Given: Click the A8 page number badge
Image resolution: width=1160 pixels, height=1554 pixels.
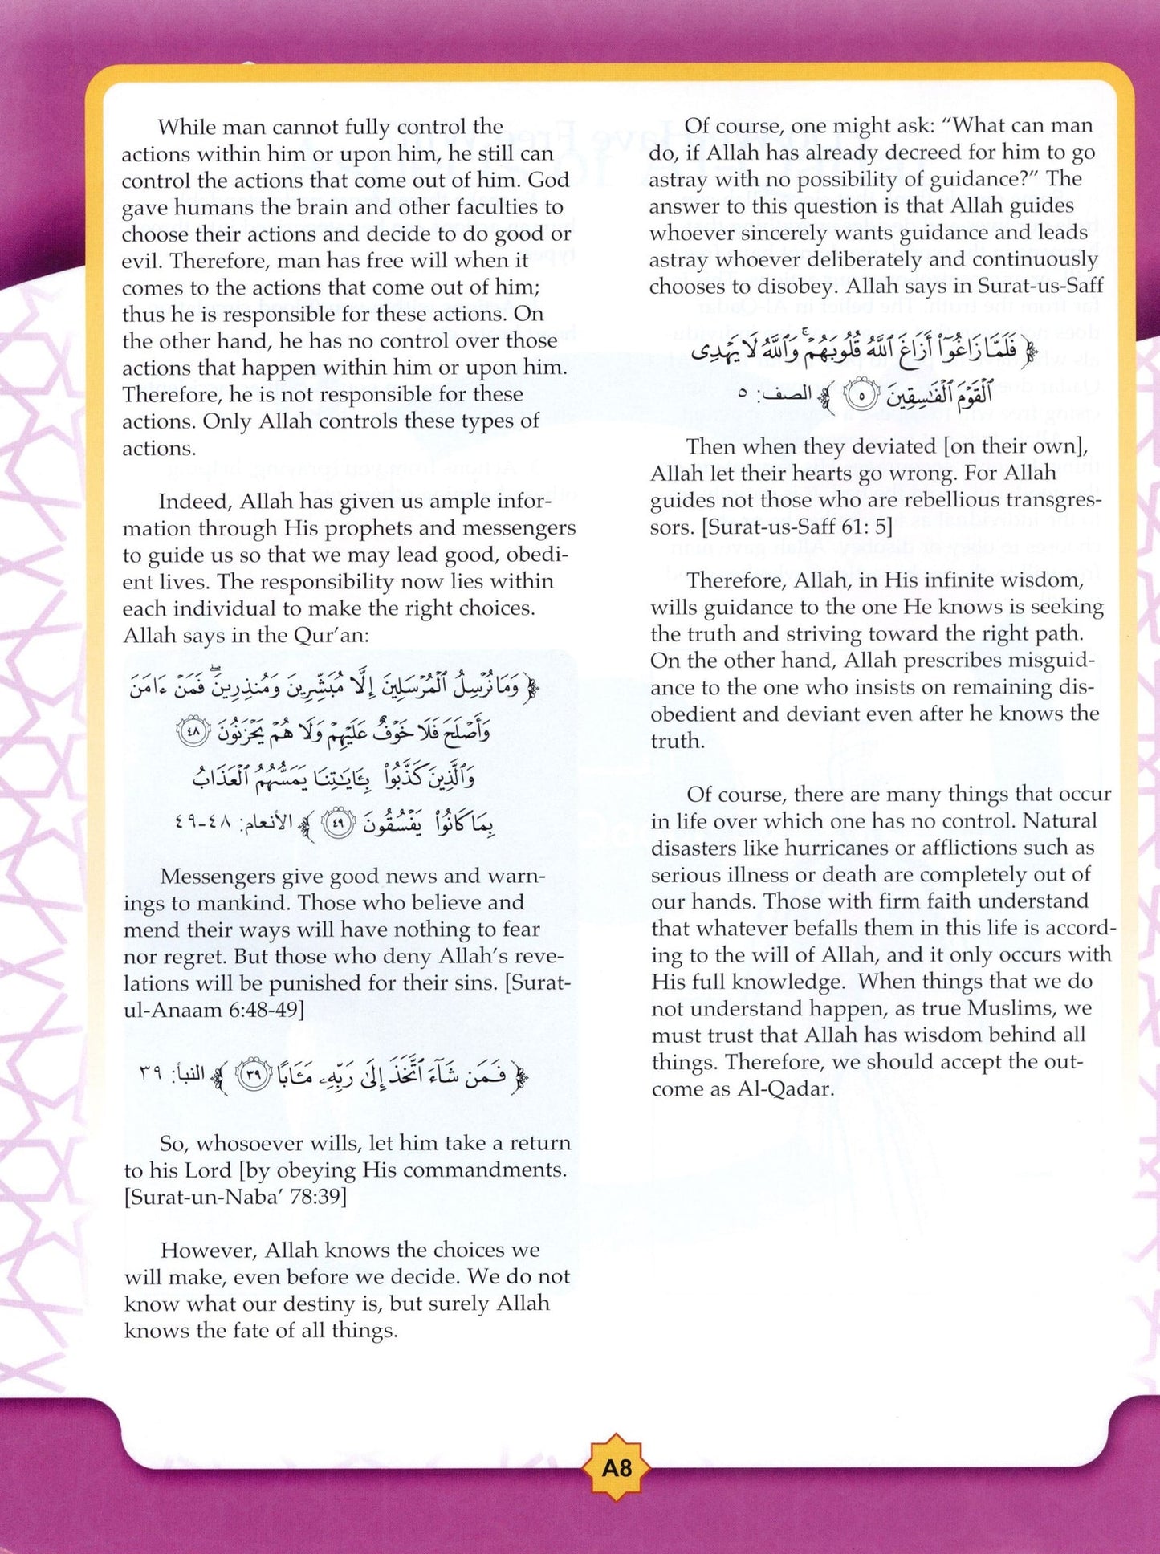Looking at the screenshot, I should (617, 1468).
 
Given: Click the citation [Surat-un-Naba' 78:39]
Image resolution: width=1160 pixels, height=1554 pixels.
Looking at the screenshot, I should (235, 1197).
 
